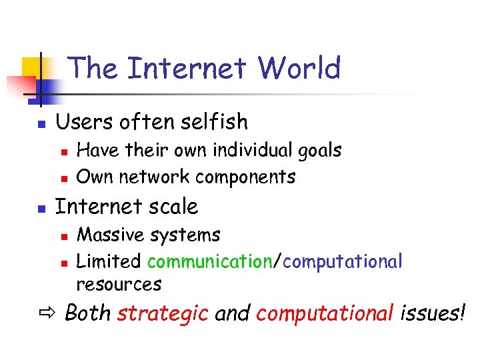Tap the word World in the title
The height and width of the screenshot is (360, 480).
tap(299, 68)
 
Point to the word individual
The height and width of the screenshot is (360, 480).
tap(241, 151)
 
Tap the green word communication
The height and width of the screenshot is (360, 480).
tap(209, 261)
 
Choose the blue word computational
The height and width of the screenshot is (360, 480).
tap(343, 261)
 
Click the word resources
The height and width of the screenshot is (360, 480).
tap(119, 285)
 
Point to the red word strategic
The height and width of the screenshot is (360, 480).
tap(163, 313)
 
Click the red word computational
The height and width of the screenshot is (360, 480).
tap(325, 314)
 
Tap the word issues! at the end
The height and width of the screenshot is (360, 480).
tap(432, 313)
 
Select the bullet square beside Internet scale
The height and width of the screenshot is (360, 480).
tap(41, 209)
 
